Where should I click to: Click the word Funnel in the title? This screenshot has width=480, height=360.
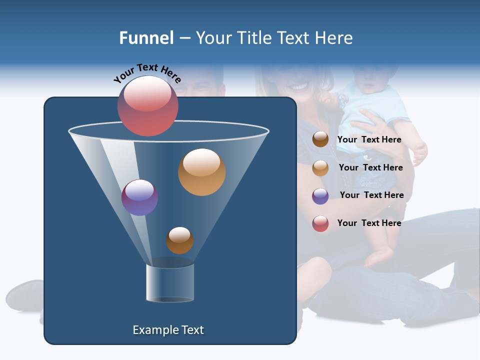(x=146, y=38)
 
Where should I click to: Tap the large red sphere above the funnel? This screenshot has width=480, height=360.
(x=148, y=105)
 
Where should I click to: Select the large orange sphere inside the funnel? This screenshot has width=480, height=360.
(x=201, y=172)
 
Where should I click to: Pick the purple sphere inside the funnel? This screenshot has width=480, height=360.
(x=139, y=197)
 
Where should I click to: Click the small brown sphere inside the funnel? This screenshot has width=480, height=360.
(x=179, y=240)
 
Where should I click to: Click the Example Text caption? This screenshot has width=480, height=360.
(x=168, y=330)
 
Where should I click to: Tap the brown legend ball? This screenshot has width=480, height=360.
(x=320, y=139)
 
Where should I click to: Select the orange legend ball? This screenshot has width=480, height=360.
(x=320, y=167)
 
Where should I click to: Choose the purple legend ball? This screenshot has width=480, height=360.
(x=320, y=195)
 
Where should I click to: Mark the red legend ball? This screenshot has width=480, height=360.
(x=320, y=223)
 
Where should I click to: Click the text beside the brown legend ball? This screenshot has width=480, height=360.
(x=369, y=139)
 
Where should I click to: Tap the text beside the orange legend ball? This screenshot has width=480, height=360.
(x=370, y=167)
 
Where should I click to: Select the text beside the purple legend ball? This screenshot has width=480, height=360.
(x=371, y=195)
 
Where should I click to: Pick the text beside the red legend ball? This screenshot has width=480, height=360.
(x=369, y=223)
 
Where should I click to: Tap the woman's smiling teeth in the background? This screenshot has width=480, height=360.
(x=299, y=87)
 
